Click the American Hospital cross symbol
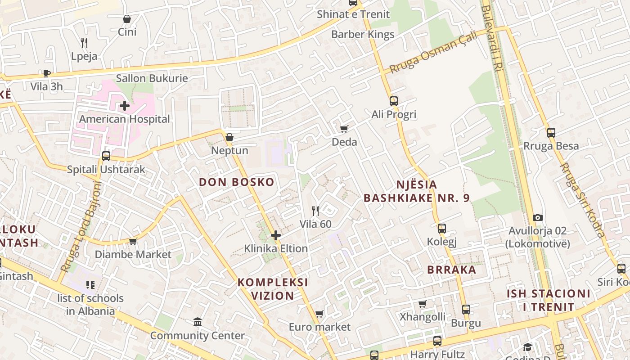[125, 106]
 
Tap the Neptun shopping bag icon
[229, 137]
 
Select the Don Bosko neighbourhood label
[237, 182]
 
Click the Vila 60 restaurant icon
[315, 211]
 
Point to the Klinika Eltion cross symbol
[276, 235]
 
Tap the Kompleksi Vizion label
[273, 289]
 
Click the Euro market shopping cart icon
[319, 314]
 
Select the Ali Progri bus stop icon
[394, 101]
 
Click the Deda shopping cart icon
[344, 129]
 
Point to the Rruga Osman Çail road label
[433, 54]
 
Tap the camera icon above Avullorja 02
[537, 218]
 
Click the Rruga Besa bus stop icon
[551, 133]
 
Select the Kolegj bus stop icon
[442, 229]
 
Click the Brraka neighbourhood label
[451, 270]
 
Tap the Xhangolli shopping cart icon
[422, 304]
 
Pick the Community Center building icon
[197, 322]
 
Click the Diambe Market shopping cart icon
[133, 242]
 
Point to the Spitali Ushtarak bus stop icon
[106, 156]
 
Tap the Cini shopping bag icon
[127, 19]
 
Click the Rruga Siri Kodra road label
[582, 200]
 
